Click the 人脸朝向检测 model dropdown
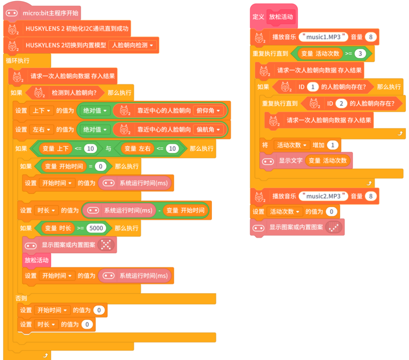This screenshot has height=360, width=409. pos(132,45)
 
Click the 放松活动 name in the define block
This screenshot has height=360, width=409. pos(281,17)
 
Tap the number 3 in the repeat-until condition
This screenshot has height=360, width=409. pos(360,54)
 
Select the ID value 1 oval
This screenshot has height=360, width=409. pos(313,87)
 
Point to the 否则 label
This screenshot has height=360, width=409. pos(21,298)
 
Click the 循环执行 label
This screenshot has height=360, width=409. pos(18,61)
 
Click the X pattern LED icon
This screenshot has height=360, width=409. pos(106,245)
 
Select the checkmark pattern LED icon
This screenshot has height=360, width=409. pos(334,227)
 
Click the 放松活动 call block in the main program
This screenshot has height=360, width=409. pos(36,260)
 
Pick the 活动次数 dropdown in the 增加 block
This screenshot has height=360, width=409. pos(291,145)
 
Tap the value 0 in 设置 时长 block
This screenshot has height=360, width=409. pos(87,324)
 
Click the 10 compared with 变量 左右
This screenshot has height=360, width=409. pos(172,148)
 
